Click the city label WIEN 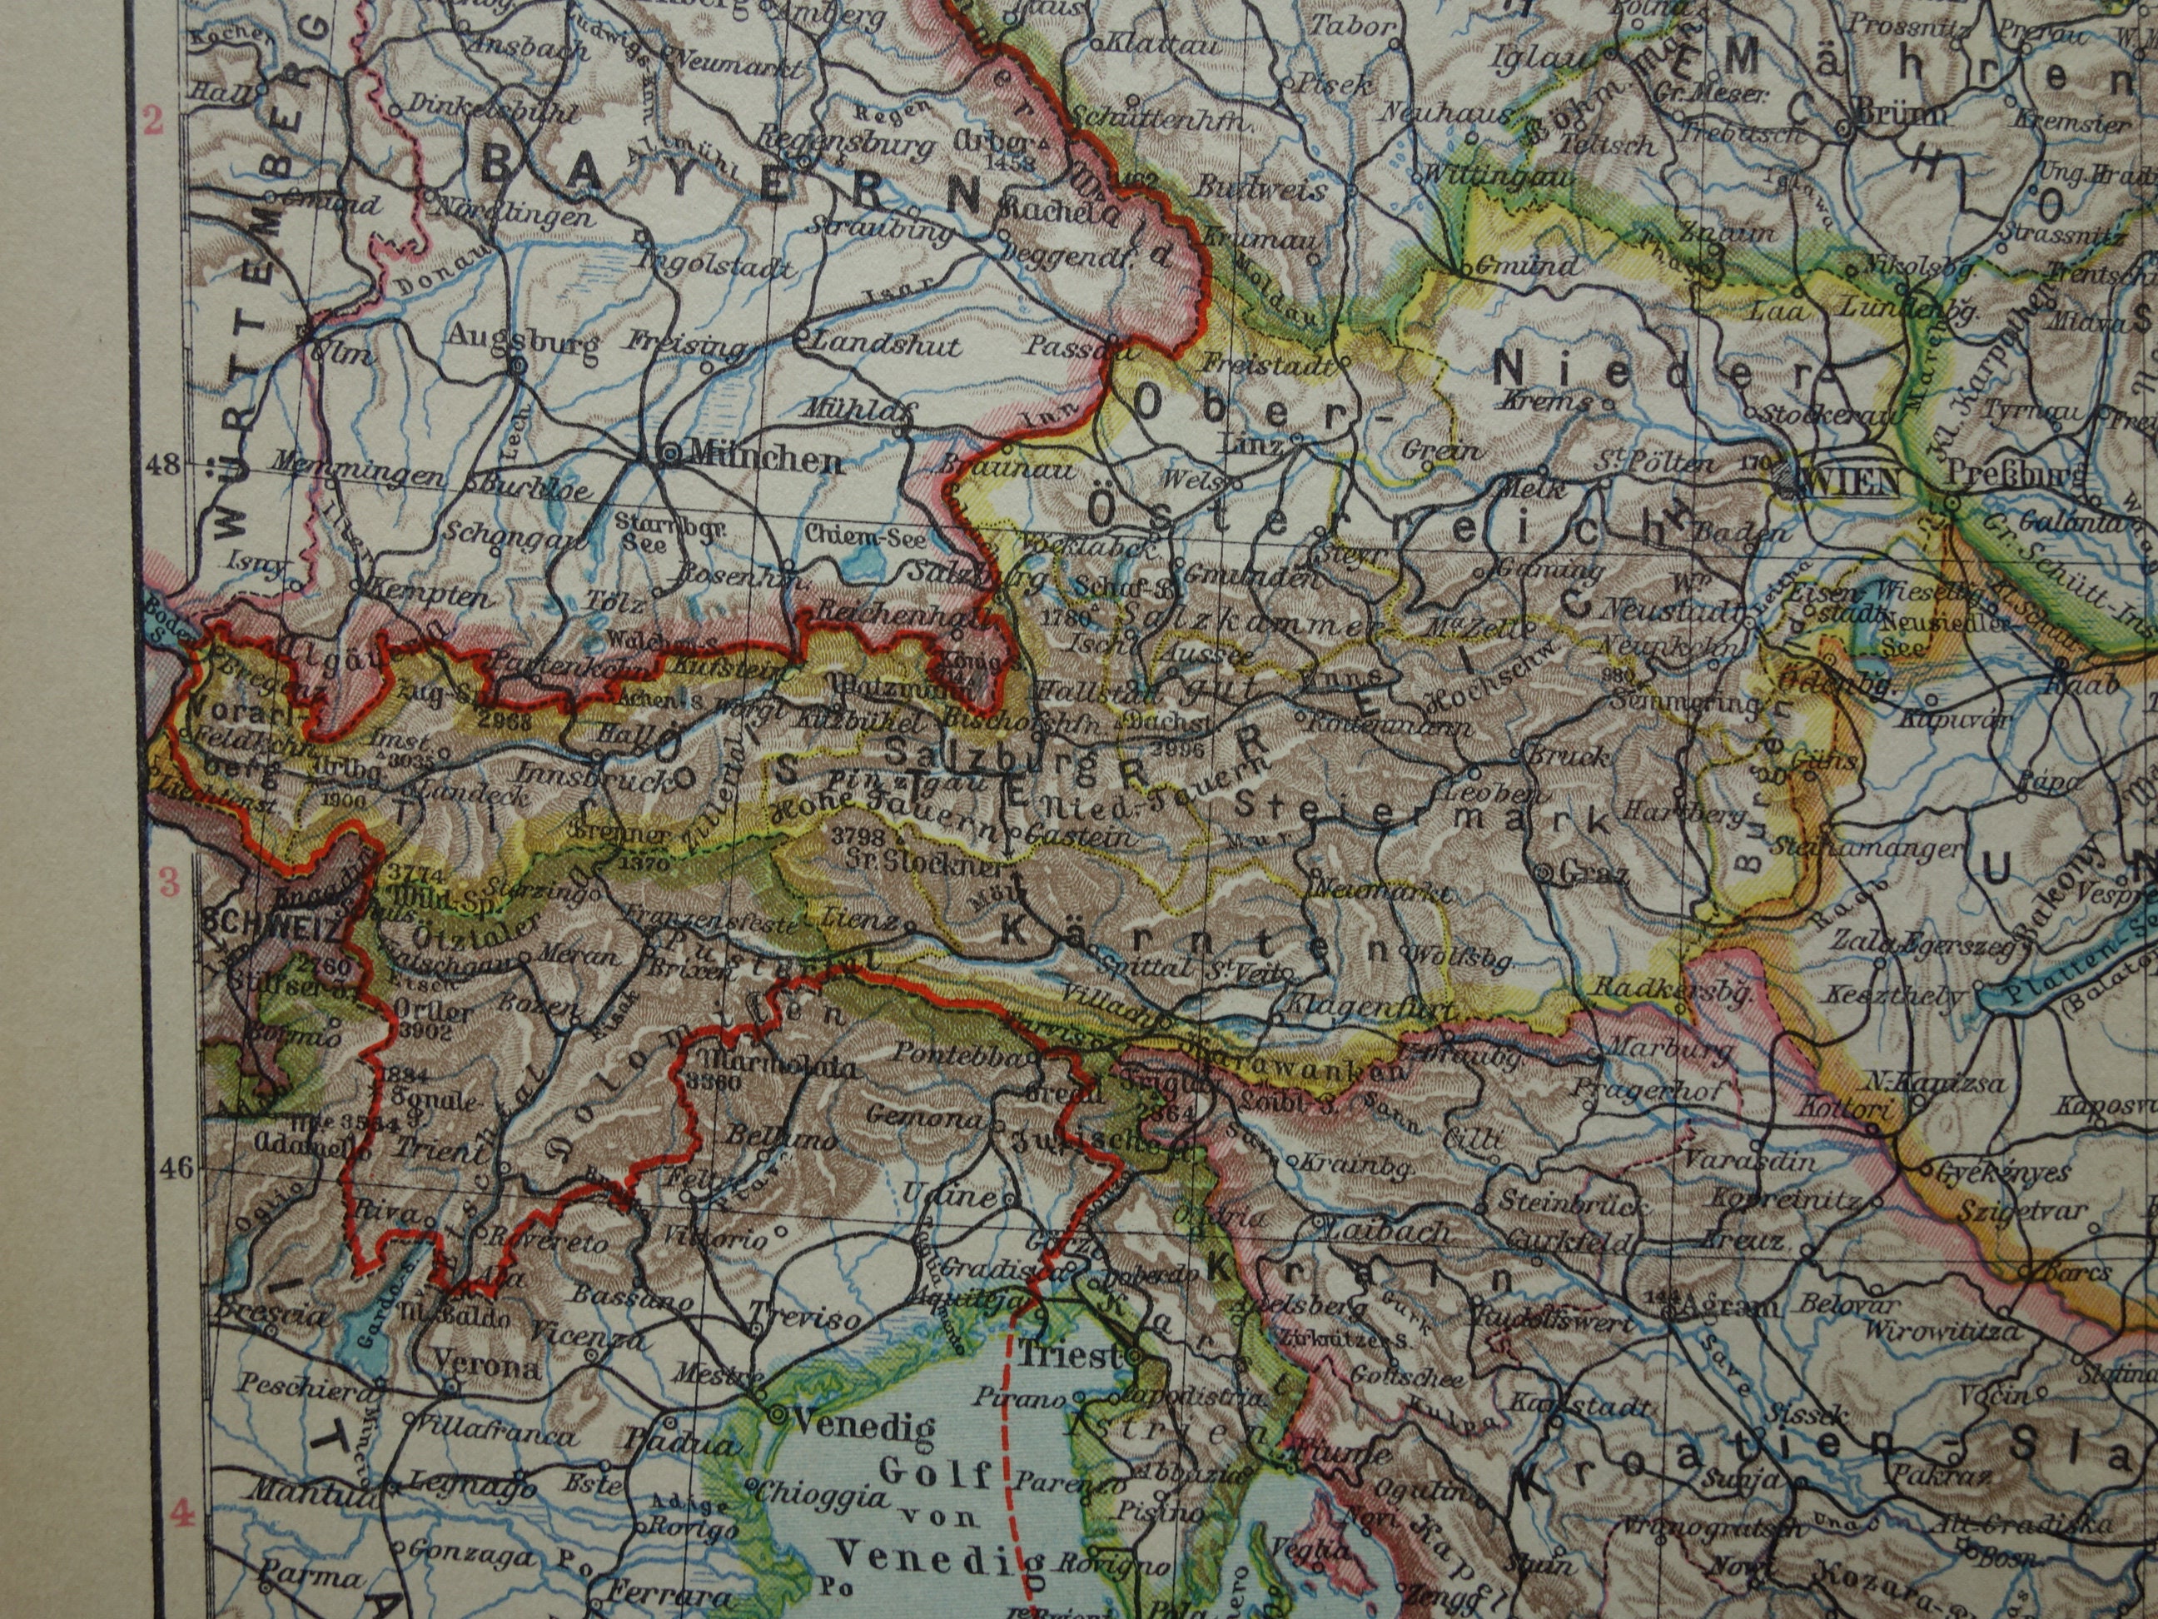1852,481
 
